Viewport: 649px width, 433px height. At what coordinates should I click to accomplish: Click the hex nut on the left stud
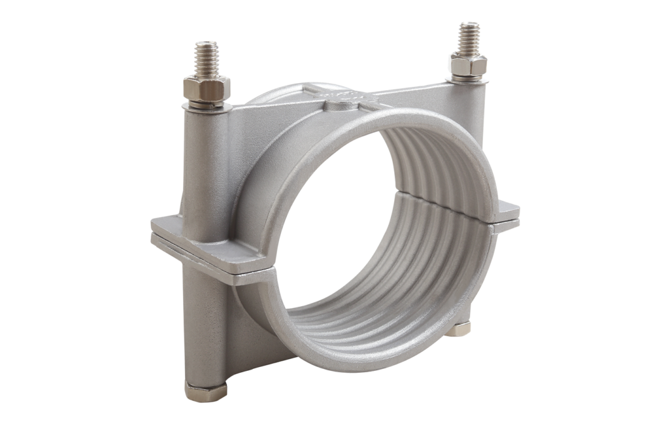[x=207, y=88]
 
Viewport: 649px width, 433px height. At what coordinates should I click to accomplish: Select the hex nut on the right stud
[x=469, y=65]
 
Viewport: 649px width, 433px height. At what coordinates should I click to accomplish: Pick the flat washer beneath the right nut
[x=468, y=79]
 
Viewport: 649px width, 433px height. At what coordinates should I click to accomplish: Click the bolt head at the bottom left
[x=206, y=391]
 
